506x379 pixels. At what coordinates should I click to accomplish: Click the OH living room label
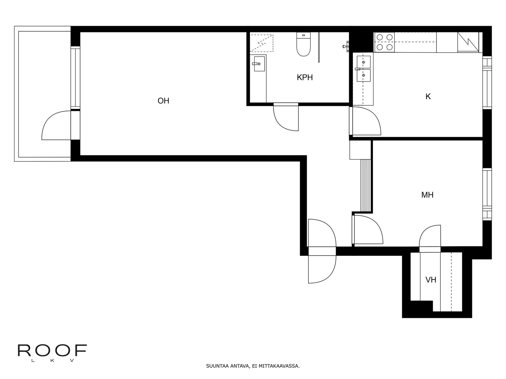pyautogui.click(x=163, y=101)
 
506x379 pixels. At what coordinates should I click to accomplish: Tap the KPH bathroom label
pyautogui.click(x=305, y=78)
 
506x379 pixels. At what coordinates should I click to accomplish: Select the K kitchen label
pyautogui.click(x=428, y=97)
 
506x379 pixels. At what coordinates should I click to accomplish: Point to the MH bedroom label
pyautogui.click(x=427, y=195)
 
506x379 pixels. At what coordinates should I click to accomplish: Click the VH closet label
pyautogui.click(x=431, y=280)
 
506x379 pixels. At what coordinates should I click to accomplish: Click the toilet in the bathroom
pyautogui.click(x=303, y=44)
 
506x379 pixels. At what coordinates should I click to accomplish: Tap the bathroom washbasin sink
pyautogui.click(x=259, y=64)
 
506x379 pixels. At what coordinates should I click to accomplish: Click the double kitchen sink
pyautogui.click(x=364, y=69)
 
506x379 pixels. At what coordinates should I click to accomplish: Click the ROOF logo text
pyautogui.click(x=52, y=351)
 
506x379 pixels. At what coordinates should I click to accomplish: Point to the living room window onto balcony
pyautogui.click(x=75, y=78)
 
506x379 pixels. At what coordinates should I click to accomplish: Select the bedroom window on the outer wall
pyautogui.click(x=487, y=194)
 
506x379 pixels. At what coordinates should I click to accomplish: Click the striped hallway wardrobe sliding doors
pyautogui.click(x=366, y=185)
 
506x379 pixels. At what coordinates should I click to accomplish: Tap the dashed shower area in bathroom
pyautogui.click(x=262, y=43)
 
